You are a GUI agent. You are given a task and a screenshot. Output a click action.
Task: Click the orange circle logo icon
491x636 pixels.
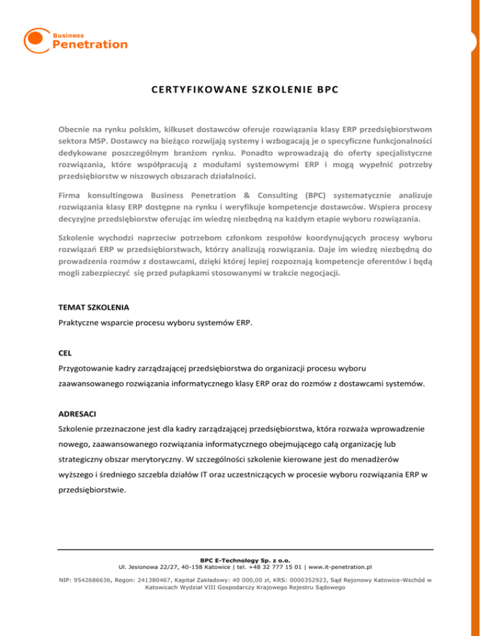(36, 40)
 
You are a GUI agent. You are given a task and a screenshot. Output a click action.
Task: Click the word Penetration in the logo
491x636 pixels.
(90, 44)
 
